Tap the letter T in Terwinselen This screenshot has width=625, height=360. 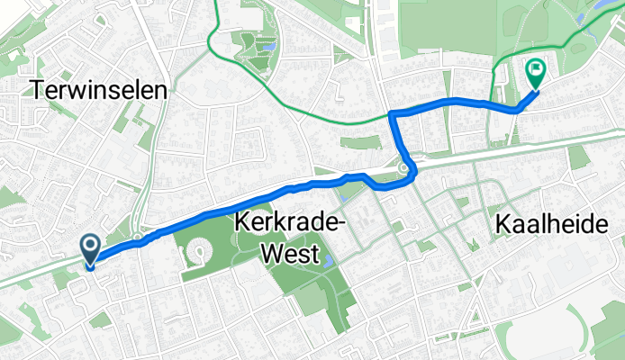[38, 90]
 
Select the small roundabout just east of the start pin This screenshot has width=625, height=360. [136, 238]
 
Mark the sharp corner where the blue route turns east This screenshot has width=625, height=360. [393, 112]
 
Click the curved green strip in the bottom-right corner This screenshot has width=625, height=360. [599, 337]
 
